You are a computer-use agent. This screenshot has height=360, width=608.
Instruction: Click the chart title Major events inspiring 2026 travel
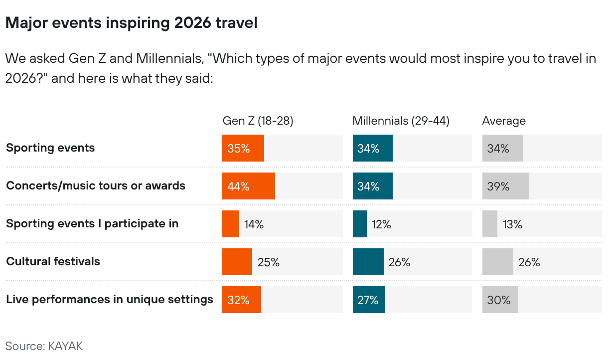point(131,23)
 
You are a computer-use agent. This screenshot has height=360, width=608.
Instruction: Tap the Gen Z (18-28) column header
point(258,121)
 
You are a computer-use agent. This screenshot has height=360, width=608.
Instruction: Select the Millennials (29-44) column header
point(401,121)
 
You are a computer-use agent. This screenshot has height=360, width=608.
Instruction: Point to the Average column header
point(504,121)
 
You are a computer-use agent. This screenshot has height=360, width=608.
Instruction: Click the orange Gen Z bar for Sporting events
point(243,148)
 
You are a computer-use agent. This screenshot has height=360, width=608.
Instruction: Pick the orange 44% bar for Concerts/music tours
point(249,186)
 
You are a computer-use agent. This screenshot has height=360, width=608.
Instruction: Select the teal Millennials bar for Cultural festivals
point(368,262)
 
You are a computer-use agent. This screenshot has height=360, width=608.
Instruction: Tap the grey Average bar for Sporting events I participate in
point(490,224)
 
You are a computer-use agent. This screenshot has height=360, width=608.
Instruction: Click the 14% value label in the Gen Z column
point(254,224)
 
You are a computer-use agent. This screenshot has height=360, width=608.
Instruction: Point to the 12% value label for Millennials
point(381,224)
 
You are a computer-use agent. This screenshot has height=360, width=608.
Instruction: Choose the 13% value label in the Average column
point(512,224)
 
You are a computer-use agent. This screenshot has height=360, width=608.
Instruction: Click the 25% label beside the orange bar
point(269,262)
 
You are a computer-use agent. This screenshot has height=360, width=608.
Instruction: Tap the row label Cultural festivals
point(53,261)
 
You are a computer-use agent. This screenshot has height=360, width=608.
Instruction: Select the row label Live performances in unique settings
point(110,299)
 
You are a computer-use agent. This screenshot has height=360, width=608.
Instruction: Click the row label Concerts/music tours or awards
point(96,185)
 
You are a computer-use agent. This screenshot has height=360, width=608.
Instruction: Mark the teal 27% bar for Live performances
point(369,300)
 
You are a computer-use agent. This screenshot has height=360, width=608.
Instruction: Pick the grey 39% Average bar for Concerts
point(506,186)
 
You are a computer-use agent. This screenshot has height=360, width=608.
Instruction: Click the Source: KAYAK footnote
point(44,346)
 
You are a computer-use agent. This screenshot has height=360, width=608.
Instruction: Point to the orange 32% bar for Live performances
point(242,300)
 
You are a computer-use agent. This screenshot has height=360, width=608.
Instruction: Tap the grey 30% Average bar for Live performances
point(500,300)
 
